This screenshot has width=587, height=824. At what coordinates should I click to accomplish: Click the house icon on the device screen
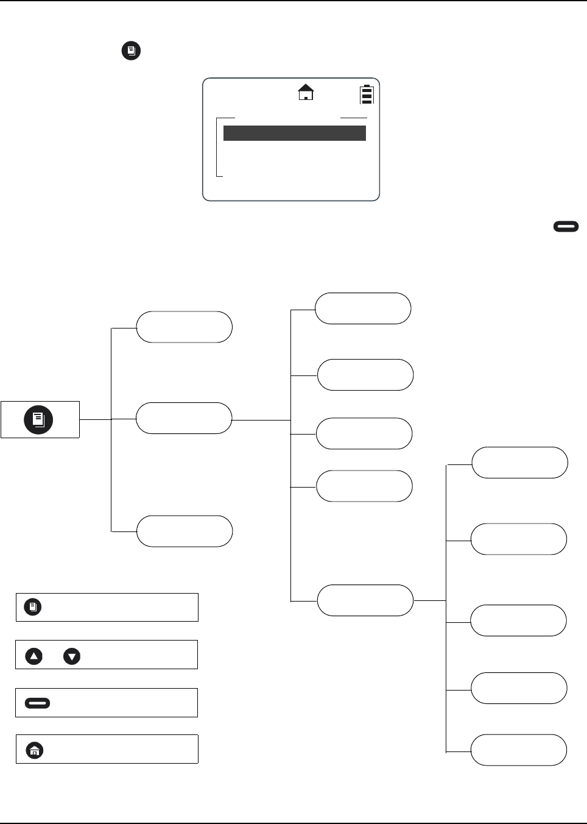[x=306, y=92]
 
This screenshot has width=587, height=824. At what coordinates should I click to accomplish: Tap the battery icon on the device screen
[x=366, y=95]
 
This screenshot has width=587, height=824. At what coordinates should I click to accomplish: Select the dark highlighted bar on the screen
[x=295, y=133]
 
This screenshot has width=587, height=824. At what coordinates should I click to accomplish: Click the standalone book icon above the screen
[x=131, y=51]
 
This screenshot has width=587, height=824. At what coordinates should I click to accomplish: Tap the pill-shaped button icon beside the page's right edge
[x=566, y=227]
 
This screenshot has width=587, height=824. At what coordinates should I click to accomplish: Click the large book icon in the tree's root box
[x=38, y=419]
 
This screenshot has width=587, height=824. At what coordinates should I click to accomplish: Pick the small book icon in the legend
[x=33, y=607]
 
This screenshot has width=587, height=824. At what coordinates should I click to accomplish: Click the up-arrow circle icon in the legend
[x=34, y=656]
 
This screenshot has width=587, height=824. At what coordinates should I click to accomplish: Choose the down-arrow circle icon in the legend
[x=72, y=656]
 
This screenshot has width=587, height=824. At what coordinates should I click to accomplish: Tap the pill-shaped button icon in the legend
[x=37, y=703]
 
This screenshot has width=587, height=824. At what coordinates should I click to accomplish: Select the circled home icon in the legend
[x=35, y=750]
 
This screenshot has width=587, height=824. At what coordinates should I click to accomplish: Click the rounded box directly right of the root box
[x=184, y=418]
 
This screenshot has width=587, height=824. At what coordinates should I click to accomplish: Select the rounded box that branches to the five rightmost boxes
[x=365, y=600]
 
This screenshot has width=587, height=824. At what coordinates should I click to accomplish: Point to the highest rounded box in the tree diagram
[x=363, y=308]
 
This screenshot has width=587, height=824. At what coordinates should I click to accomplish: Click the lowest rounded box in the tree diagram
[x=519, y=750]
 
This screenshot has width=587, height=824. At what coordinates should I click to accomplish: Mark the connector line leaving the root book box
[x=96, y=419]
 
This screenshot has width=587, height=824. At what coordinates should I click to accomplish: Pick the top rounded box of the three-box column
[x=184, y=327]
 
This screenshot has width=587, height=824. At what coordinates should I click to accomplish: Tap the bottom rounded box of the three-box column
[x=185, y=531]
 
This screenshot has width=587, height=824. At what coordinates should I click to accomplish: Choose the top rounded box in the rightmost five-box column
[x=520, y=463]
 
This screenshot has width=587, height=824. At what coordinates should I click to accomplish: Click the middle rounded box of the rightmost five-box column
[x=519, y=620]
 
